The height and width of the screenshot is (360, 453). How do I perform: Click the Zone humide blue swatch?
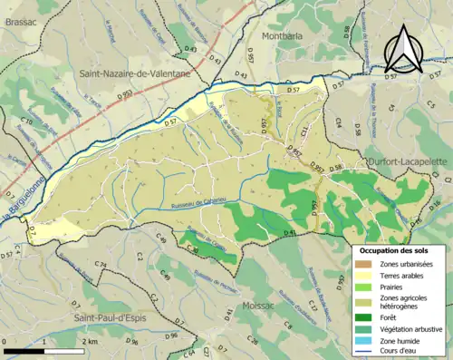[362, 342]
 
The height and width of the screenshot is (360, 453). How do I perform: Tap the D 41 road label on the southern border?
[290, 233]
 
